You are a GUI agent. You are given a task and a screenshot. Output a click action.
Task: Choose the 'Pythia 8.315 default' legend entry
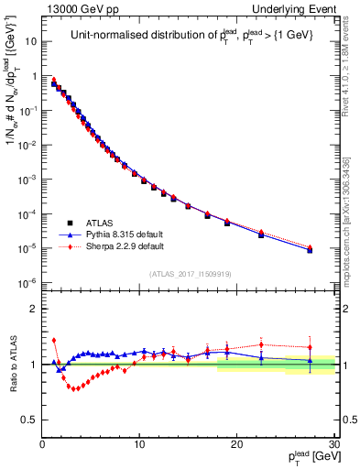tap(125, 234)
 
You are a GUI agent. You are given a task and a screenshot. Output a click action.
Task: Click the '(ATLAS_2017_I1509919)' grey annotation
tap(190, 273)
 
